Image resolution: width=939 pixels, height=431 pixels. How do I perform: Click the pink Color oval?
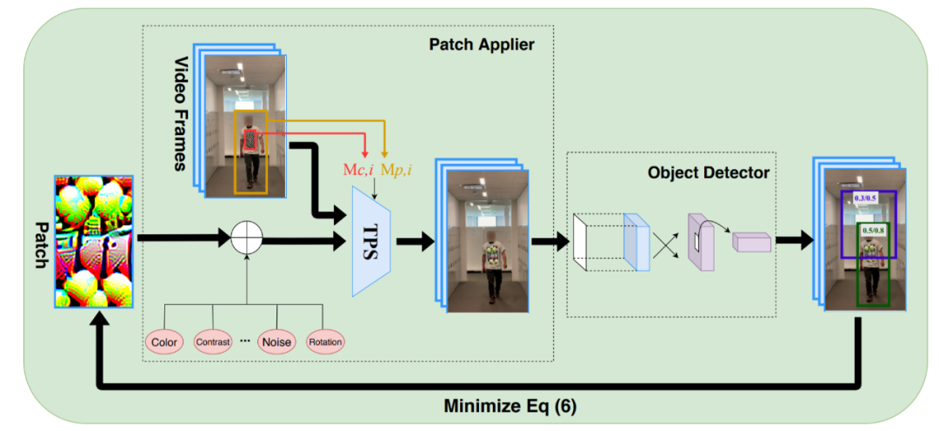pos(164,342)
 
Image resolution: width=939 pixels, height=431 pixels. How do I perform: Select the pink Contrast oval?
pos(212,342)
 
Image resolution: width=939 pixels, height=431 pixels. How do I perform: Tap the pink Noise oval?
pos(278,342)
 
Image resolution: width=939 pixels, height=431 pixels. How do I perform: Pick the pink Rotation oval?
pos(325,342)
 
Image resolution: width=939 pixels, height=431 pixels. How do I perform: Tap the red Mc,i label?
pos(356,170)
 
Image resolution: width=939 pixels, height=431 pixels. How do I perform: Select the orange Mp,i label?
pos(397,170)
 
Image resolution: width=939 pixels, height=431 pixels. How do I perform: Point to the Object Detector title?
pos(708,172)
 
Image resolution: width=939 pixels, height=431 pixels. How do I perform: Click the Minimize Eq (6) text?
pos(510,406)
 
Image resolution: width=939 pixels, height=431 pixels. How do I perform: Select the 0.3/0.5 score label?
pos(864,199)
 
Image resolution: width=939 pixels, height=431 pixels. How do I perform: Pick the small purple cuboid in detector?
pos(751,242)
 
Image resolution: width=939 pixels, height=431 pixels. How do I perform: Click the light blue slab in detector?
pos(636,243)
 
